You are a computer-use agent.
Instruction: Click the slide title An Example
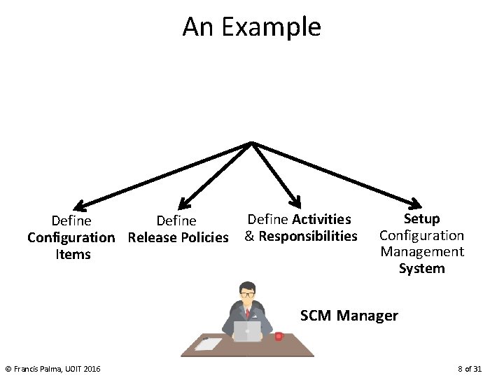coord(251,27)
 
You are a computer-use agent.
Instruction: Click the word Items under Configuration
coord(73,254)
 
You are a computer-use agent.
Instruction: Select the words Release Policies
coord(178,237)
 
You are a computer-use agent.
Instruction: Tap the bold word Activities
coord(321,220)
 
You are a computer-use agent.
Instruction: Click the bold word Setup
coord(421,218)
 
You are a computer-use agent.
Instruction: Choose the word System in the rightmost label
coord(421,268)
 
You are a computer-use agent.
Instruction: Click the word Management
coord(421,251)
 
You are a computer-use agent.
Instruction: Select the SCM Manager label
coord(349,316)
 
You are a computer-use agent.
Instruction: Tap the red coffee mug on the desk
coord(279,337)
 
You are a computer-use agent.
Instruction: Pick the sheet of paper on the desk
coord(208,344)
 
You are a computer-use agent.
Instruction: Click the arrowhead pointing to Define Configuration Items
coord(80,206)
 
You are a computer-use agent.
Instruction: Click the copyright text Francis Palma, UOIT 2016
coord(52,369)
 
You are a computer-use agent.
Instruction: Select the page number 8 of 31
coord(469,369)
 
